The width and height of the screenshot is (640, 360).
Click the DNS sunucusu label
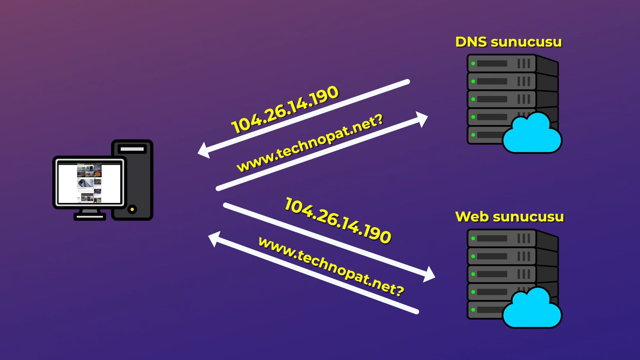508,42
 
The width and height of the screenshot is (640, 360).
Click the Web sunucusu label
509,217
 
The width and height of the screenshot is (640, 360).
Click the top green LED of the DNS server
473,63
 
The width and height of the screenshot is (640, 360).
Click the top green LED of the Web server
473,238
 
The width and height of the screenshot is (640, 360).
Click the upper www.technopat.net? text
310,143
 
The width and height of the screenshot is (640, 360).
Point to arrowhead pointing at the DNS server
423,119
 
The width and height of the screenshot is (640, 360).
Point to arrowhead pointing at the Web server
430,274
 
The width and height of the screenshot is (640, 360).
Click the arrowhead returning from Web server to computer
214,239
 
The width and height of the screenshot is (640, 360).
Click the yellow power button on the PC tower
132,209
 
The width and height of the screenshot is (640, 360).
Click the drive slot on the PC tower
132,149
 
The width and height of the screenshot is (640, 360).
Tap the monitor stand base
89,217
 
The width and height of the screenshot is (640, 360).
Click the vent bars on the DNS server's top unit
523,63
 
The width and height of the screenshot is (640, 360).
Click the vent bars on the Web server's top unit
523,238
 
